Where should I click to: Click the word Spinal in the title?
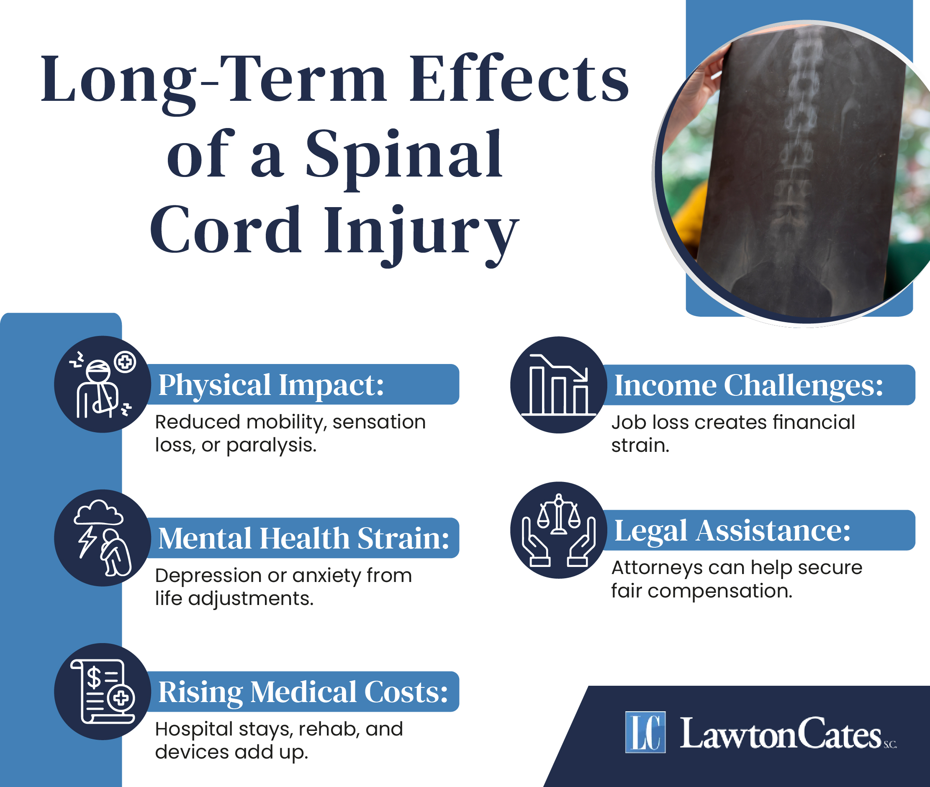tap(404, 154)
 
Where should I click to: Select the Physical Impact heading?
tap(271, 385)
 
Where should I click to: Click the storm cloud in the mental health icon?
tap(98, 512)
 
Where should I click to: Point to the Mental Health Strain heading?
tap(303, 538)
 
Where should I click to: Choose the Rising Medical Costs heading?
tap(303, 692)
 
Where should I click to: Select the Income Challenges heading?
tap(748, 385)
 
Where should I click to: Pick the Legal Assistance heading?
tap(732, 531)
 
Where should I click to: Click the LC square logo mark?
tap(645, 732)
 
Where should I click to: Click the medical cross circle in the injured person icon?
tap(125, 362)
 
